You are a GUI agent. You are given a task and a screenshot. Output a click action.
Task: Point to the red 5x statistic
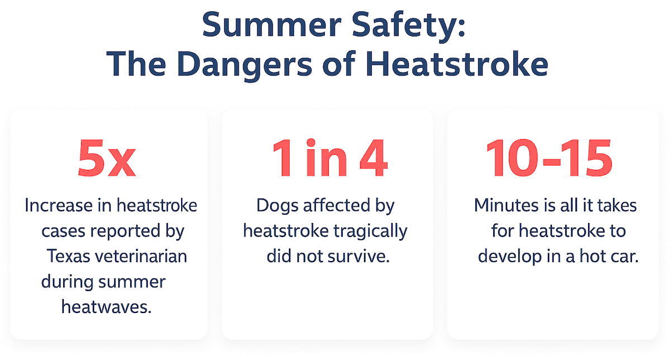click(107, 159)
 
